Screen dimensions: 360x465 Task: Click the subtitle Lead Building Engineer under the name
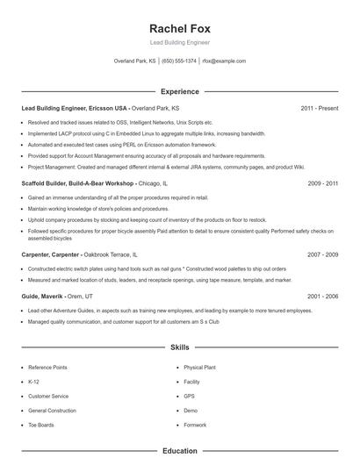(179, 42)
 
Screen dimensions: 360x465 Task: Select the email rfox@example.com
(224, 61)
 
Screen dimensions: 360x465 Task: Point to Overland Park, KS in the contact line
(135, 61)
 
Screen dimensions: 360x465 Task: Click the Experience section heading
(179, 91)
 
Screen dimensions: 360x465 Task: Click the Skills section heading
(179, 347)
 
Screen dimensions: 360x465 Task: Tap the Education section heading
(179, 451)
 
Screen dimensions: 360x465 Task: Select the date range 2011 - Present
(319, 108)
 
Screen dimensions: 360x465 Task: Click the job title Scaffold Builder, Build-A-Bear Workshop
(78, 183)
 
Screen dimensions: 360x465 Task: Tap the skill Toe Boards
(40, 425)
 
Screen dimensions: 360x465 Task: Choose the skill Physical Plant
(199, 368)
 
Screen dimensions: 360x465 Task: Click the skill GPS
(189, 396)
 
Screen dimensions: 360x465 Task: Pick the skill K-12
(34, 382)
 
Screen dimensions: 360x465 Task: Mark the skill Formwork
(195, 425)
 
